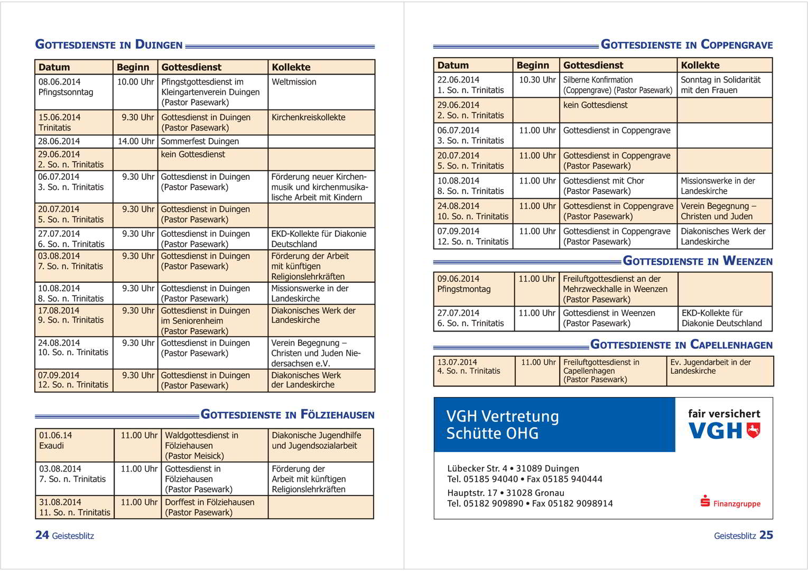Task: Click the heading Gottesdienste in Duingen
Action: point(109,45)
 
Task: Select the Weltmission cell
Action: point(294,82)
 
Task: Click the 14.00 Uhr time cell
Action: point(136,141)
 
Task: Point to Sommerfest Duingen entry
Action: point(200,141)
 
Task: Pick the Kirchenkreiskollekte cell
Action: point(308,117)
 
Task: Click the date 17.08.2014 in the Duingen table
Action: point(59,310)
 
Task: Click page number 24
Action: point(42,535)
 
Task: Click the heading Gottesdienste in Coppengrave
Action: point(686,45)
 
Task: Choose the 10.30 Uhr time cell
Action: point(537,80)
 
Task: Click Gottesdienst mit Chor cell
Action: point(603,181)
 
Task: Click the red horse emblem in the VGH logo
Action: point(754,430)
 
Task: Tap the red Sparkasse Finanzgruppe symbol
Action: point(705,501)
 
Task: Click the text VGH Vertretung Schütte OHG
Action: point(502,425)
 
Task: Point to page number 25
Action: point(766,535)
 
